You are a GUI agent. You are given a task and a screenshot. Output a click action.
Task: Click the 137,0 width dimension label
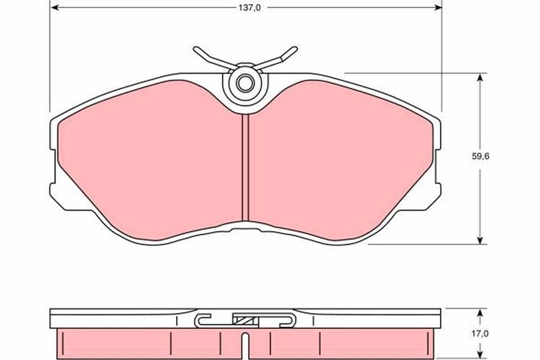[x=250, y=7]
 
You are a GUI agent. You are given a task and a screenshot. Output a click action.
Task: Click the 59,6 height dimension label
[x=481, y=157]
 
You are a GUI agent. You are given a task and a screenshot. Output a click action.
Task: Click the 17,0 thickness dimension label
[x=480, y=334]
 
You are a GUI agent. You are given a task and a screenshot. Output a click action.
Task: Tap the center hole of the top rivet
[x=245, y=83]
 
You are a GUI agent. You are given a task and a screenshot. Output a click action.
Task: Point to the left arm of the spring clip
[x=213, y=58]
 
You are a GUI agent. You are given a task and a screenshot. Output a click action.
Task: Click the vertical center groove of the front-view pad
[x=245, y=168]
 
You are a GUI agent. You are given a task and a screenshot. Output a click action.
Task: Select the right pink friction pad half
[x=340, y=160]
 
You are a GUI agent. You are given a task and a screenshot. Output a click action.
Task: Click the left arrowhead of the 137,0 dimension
[x=55, y=7]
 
